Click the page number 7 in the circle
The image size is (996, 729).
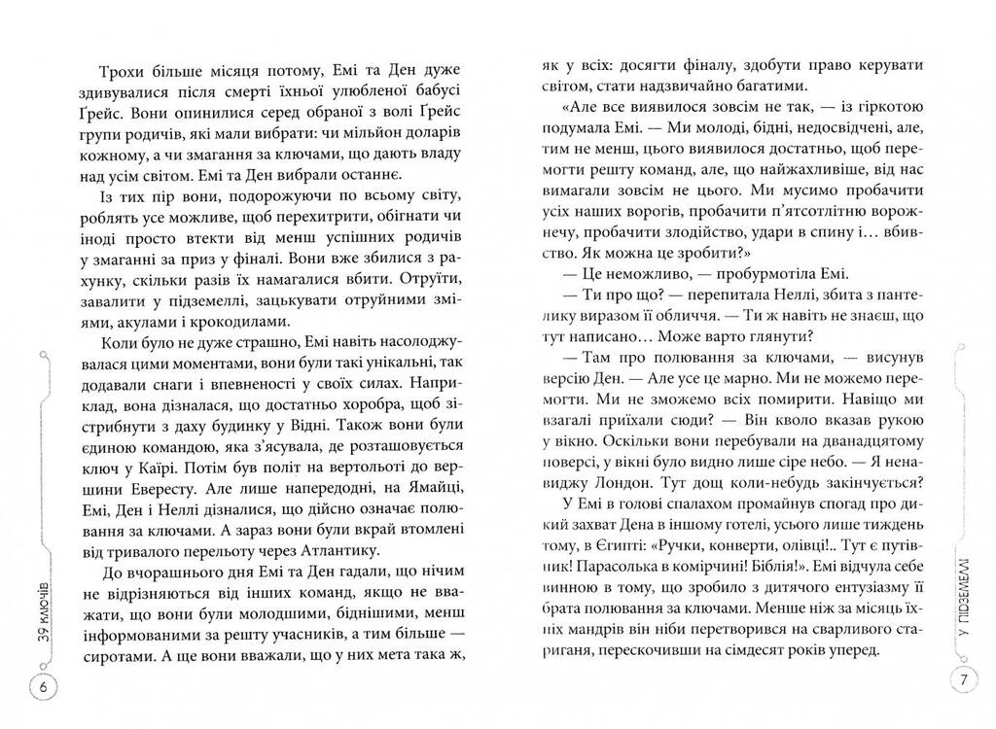pos(962,679)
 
